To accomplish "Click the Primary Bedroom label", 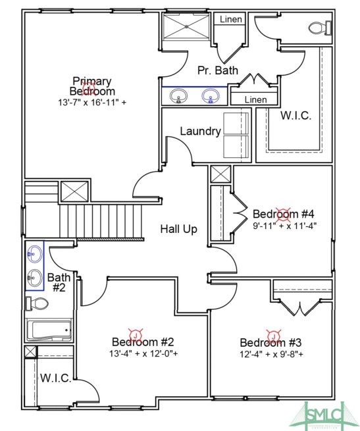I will (93, 86).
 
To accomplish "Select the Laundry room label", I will (201, 132).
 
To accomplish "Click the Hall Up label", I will (179, 229).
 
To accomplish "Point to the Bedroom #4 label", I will (284, 214).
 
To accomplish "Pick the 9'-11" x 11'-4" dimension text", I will (284, 226).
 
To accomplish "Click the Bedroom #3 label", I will (270, 343).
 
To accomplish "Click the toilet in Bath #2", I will (38, 304).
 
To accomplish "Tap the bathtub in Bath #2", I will (48, 329).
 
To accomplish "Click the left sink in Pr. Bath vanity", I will (178, 97).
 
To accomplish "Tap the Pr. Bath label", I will (219, 70).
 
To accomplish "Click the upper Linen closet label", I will (230, 20).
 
